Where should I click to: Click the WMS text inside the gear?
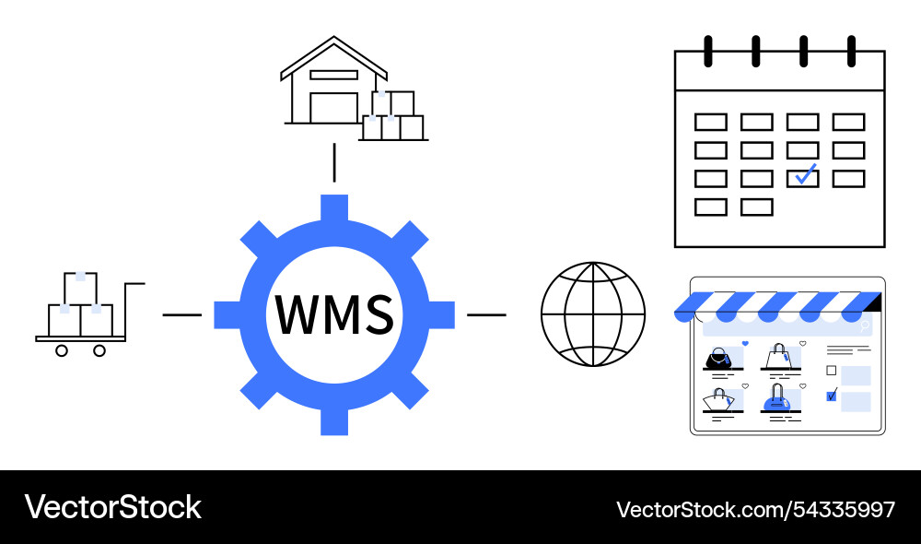pos(334,314)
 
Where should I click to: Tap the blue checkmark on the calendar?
pos(805,174)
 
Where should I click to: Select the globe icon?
pos(592,314)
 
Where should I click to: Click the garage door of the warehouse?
pos(333,107)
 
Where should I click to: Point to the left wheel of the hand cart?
pos(62,350)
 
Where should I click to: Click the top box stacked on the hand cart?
pos(80,287)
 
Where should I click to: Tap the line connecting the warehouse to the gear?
pos(334,162)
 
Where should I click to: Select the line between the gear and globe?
pos(486,314)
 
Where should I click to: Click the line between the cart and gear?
pos(181,314)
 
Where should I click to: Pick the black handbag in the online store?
pos(717,358)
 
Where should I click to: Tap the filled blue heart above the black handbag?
pos(744,344)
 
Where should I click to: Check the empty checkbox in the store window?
pos(832,371)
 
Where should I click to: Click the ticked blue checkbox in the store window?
pos(832,396)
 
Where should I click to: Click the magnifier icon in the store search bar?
pos(864,325)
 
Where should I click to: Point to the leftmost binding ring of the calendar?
pos(708,51)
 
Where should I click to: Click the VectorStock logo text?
pos(112,507)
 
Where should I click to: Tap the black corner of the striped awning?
pos(874,302)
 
